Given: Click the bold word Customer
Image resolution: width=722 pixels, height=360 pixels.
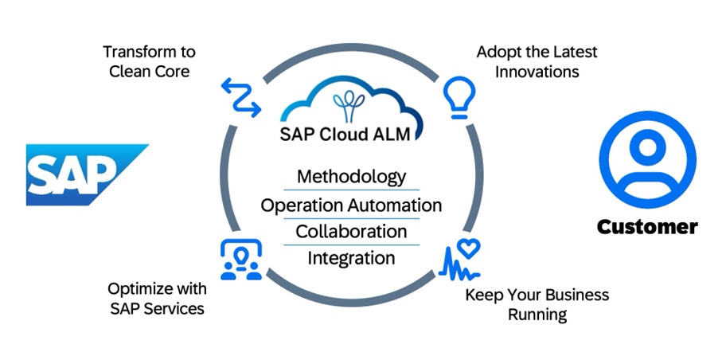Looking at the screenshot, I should point(647,227).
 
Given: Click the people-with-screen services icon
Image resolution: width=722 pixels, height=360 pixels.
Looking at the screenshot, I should point(240,259).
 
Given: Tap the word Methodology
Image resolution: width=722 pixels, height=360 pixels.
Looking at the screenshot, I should point(351,176).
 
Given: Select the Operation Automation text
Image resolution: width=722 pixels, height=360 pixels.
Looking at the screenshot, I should point(351,205).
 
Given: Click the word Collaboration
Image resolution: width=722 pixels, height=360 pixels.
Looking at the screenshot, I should point(351,231).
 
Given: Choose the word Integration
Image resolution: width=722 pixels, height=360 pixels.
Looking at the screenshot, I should point(351,258).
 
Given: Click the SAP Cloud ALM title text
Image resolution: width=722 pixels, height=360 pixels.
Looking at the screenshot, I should point(351,134).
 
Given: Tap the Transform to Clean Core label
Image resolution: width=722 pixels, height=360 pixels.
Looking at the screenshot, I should point(149,61).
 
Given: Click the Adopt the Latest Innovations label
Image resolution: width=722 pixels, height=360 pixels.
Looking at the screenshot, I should point(537,61).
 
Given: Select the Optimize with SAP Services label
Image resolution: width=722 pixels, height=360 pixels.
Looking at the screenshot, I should point(157,297).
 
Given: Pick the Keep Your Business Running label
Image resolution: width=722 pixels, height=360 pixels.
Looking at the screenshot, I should point(537,304).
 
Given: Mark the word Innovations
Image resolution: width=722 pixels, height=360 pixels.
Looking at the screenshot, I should point(537,71).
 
